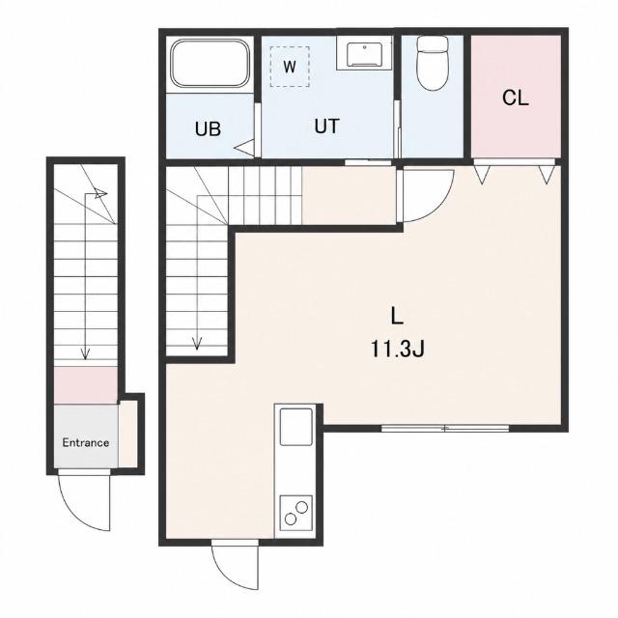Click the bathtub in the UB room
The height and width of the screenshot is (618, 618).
211,63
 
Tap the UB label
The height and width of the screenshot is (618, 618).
208,129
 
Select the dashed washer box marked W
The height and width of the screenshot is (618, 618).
290,67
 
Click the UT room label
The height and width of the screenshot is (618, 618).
326,126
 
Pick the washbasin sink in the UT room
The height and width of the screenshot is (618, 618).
365,55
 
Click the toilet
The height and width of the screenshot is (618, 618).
433,63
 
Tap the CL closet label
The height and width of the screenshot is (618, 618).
515,98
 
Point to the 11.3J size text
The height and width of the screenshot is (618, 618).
397,350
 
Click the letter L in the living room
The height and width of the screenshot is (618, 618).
397,316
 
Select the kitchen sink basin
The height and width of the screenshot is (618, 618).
296,427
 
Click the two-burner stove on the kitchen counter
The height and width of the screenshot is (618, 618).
296,513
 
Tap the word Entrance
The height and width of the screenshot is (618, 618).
86,442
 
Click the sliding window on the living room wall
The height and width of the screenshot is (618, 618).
445,428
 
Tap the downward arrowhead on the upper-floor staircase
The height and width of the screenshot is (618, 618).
197,344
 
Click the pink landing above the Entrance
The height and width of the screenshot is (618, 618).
86,385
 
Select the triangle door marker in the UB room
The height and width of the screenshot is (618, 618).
244,148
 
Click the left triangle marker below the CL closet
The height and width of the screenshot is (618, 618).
482,174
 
